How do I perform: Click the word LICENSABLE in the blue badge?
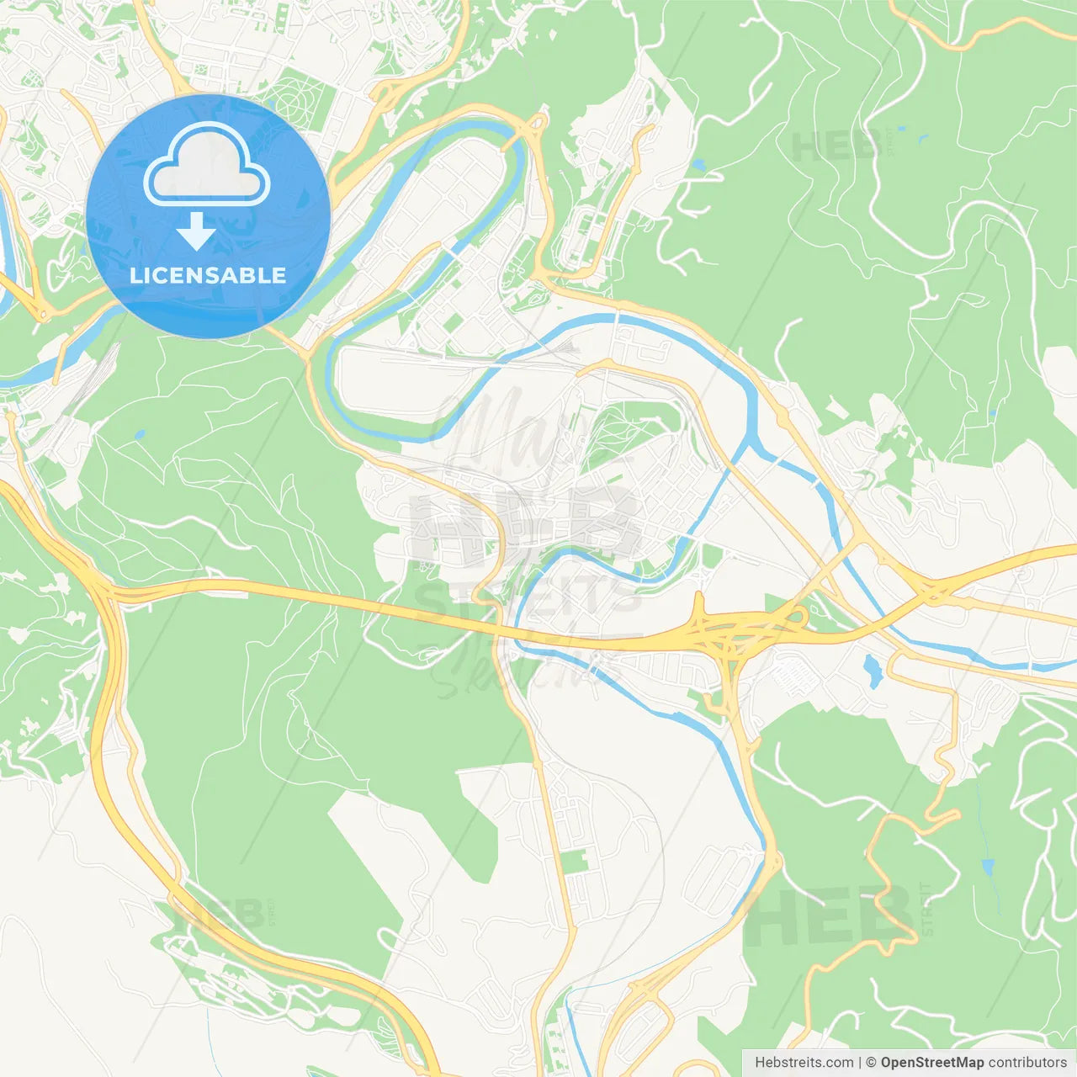tap(208, 275)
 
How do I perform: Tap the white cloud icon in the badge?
tap(207, 165)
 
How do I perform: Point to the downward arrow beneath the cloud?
tap(196, 231)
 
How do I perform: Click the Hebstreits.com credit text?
tap(804, 1063)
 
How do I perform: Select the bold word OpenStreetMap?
tap(932, 1063)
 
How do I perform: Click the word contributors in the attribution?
tap(1027, 1063)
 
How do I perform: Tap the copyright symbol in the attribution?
tap(872, 1063)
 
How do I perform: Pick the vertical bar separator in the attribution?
tap(860, 1063)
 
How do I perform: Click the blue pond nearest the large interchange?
tap(873, 671)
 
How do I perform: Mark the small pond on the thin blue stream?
tap(987, 867)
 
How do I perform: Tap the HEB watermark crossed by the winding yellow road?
tap(829, 917)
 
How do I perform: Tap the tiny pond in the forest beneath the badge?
tap(139, 435)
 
